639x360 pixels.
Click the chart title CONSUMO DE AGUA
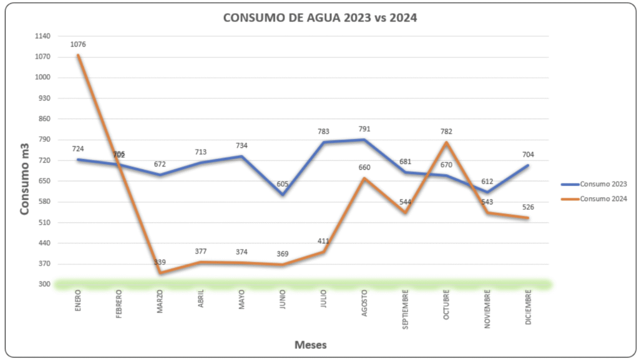319,18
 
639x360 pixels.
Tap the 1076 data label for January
78,44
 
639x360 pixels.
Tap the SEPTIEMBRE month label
405,309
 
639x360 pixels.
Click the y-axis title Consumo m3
25,185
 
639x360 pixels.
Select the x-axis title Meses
310,344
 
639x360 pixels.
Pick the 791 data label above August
364,129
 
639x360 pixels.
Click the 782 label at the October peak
446,132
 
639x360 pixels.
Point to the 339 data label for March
160,263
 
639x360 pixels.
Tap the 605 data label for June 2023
283,184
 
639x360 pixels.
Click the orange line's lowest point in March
160,273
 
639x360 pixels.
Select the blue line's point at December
528,165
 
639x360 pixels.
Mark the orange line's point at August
364,178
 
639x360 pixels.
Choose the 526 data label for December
528,207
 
